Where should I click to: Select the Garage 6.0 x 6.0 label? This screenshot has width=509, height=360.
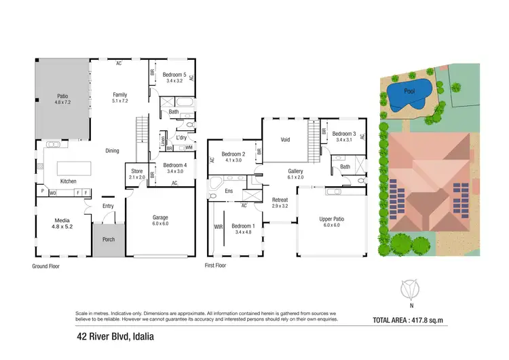coord(160,221)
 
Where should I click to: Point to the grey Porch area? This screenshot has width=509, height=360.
coord(109,240)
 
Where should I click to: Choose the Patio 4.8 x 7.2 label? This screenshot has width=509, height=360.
coord(62,99)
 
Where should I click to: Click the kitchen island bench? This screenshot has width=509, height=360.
coord(73,167)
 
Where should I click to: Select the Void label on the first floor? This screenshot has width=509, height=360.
coord(286,140)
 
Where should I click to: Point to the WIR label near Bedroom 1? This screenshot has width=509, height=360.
coord(219,226)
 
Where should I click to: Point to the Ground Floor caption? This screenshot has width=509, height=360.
coord(46,266)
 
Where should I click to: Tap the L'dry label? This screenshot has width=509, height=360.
coord(181,138)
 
